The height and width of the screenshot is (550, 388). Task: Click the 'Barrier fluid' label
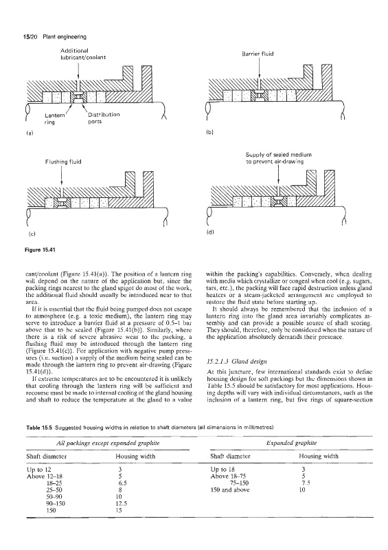(258, 54)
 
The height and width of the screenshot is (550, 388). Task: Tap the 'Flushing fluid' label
(63, 162)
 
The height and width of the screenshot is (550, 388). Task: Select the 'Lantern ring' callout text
(54, 118)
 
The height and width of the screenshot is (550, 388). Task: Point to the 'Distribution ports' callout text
(104, 118)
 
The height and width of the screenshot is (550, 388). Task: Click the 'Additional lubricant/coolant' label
(83, 54)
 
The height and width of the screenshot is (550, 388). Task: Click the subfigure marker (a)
(30, 133)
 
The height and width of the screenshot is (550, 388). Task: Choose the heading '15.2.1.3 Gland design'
(237, 362)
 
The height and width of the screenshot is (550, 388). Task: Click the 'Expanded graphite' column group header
(292, 443)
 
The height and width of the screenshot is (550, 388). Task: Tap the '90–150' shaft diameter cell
(54, 503)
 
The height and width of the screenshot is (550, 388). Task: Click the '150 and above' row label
(229, 489)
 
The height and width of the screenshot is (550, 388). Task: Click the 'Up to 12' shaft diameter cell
(39, 470)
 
